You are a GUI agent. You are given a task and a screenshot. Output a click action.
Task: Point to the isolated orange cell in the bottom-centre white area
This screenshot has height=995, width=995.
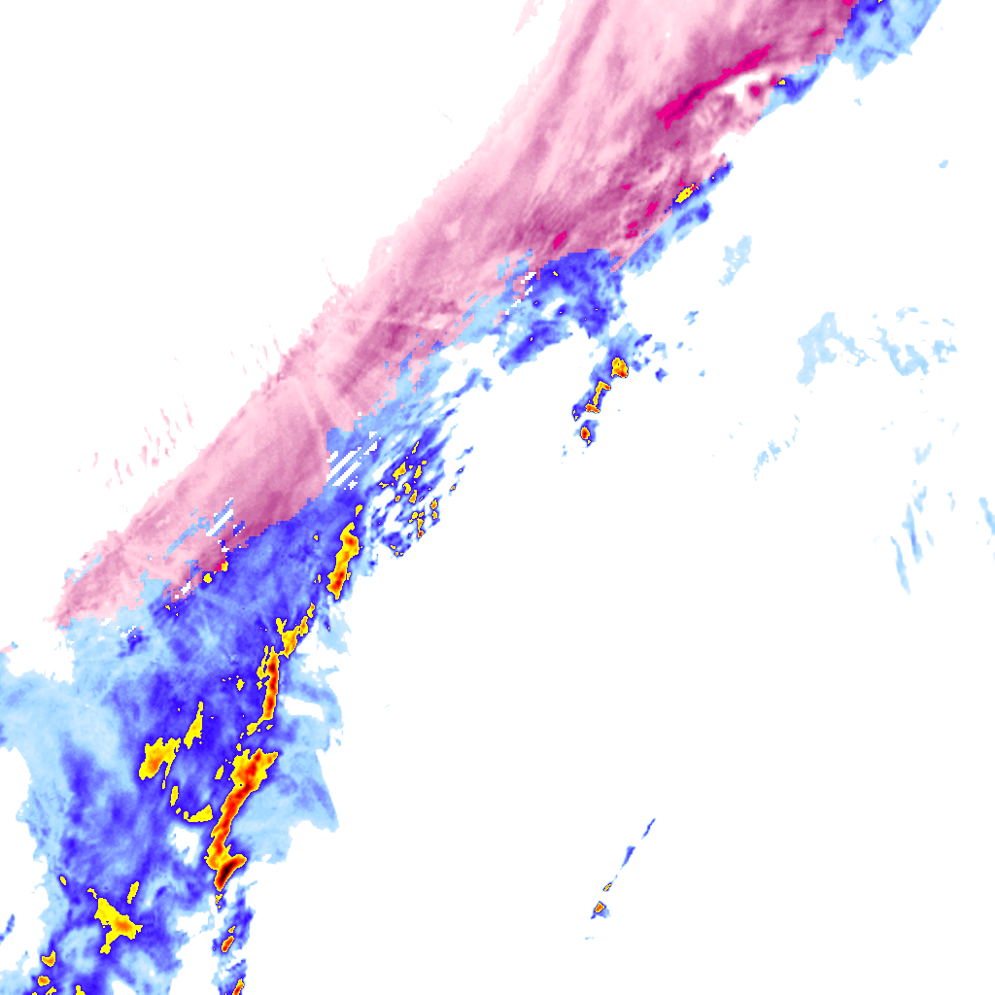coord(600,909)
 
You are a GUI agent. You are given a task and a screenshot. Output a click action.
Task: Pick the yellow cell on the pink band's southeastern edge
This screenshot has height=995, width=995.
coord(685,194)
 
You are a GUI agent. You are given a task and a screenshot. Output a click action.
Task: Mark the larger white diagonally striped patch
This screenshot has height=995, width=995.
coord(352,461)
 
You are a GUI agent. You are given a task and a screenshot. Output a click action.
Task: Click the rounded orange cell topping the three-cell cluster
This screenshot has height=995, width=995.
coord(619,367)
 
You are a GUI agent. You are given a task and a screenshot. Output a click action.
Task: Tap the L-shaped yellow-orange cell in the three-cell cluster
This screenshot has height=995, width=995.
coord(595,398)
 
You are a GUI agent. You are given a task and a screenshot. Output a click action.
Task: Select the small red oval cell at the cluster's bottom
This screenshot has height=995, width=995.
coord(585,433)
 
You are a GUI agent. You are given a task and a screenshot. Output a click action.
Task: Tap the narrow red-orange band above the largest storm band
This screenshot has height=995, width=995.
coord(269,685)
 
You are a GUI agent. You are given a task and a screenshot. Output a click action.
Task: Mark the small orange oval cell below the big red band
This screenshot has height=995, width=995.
coord(227,942)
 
